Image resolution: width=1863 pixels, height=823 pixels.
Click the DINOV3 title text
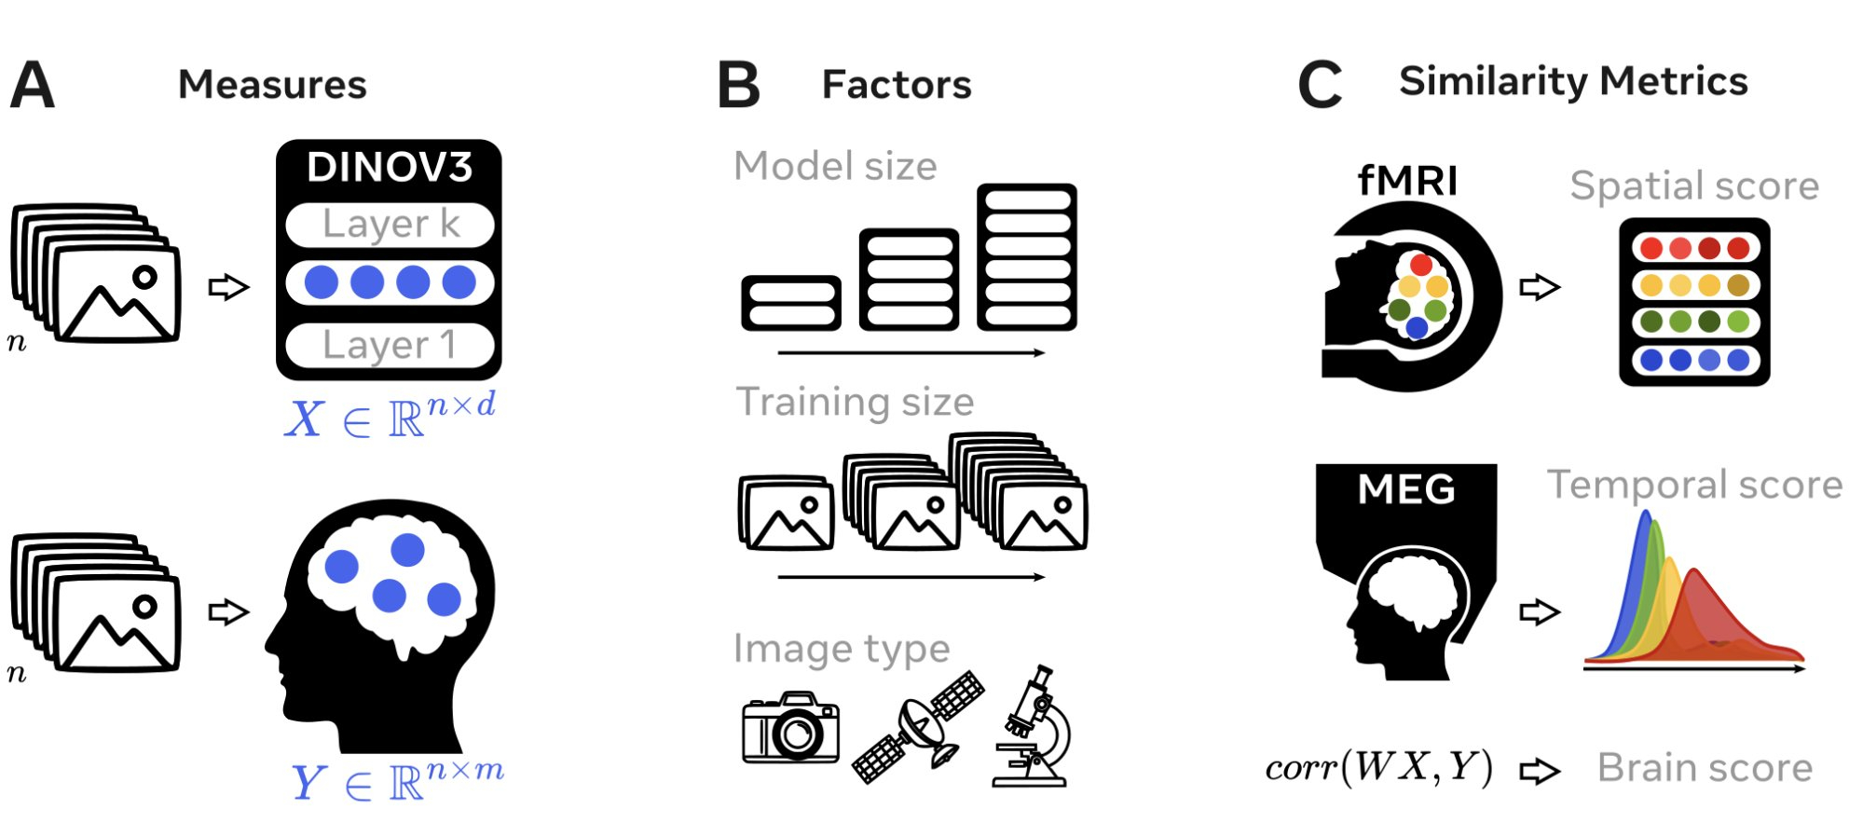point(390,168)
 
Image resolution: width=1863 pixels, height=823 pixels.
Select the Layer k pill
point(390,225)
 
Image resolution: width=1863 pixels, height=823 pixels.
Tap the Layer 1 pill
point(390,345)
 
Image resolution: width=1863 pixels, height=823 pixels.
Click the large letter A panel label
point(33,85)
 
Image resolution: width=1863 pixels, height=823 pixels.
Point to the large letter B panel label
point(739,85)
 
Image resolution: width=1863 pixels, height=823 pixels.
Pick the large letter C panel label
point(1320,85)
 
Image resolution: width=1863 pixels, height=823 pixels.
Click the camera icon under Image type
point(790,728)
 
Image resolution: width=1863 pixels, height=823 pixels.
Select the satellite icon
point(919,726)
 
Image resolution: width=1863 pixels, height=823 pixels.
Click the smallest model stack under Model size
point(791,303)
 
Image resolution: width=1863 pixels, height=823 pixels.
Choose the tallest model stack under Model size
point(1027,257)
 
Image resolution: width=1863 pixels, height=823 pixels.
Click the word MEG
point(1405,489)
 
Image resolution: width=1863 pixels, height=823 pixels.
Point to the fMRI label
point(1407,181)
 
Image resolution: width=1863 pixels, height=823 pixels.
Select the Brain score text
point(1705,768)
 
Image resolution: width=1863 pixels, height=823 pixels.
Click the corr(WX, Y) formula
point(1378,768)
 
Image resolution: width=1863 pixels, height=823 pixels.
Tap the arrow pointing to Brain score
point(1540,771)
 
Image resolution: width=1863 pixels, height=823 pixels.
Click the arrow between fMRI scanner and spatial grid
point(1540,286)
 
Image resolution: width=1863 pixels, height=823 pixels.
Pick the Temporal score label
point(1694,485)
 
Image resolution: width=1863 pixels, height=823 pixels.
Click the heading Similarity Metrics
point(1573,82)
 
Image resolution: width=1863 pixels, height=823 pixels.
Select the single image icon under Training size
point(787,514)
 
